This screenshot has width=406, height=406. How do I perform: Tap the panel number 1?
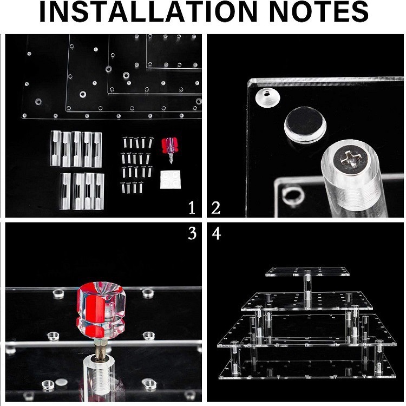[x=191, y=207]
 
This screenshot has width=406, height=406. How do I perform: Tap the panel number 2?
[x=216, y=207]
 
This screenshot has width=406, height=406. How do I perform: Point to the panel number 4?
[x=216, y=235]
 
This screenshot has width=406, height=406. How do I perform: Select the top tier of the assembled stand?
[x=307, y=272]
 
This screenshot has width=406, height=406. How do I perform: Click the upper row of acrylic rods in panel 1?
[x=76, y=149]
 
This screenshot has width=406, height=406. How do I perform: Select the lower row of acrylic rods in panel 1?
[x=81, y=191]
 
